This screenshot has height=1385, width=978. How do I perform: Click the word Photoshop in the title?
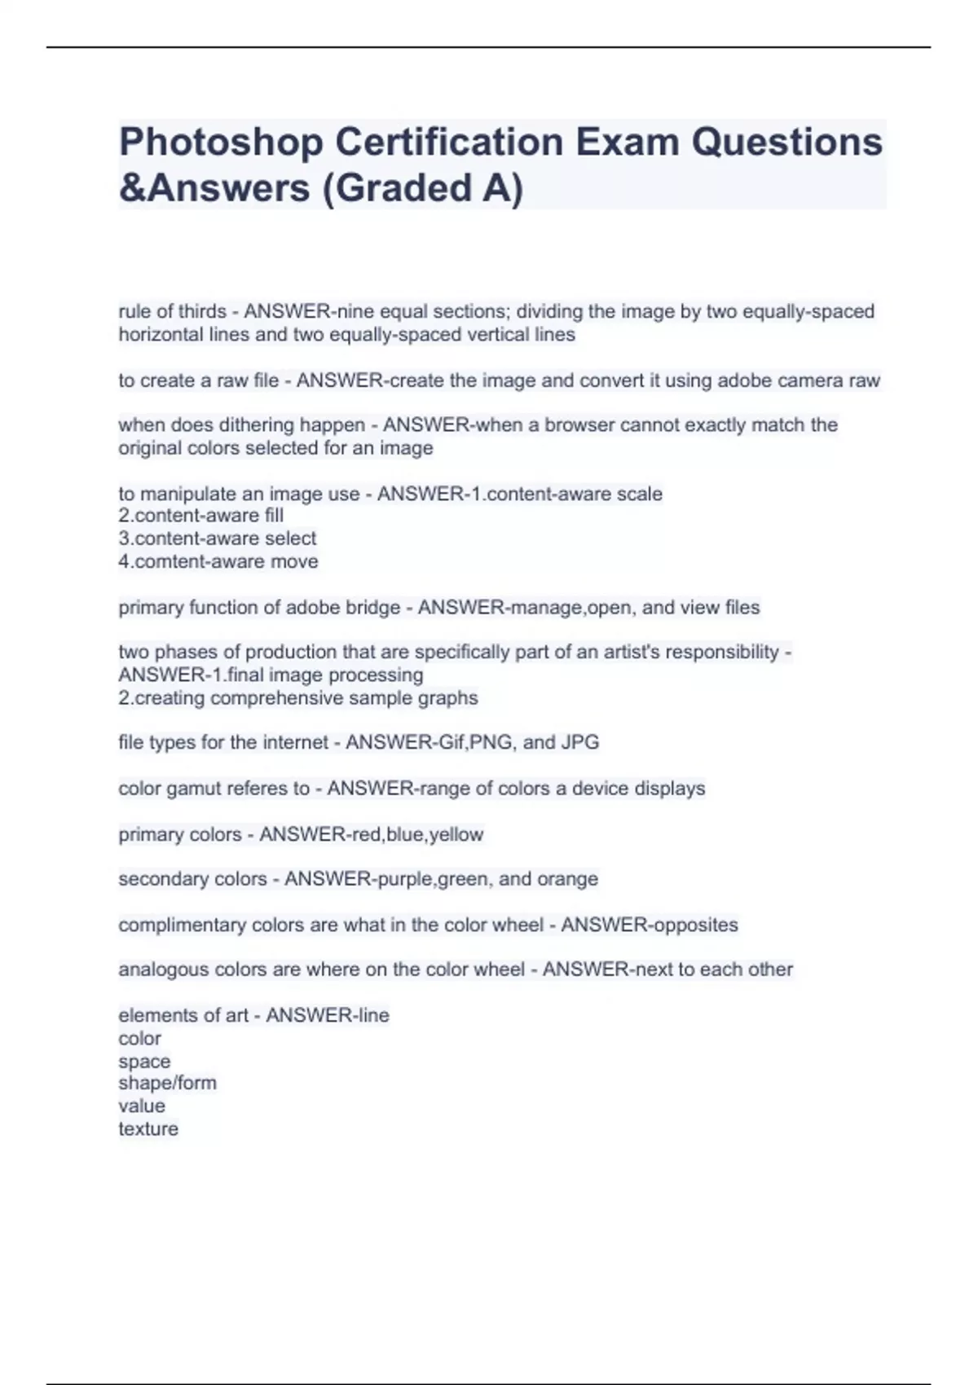(x=221, y=142)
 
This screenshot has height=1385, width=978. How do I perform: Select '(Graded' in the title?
(x=381, y=188)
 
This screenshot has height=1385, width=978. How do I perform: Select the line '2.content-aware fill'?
(x=201, y=515)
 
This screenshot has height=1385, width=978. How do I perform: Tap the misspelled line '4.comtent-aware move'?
(x=218, y=561)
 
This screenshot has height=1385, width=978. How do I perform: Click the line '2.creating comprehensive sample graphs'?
(x=298, y=698)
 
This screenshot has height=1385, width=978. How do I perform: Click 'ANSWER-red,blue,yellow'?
(x=371, y=834)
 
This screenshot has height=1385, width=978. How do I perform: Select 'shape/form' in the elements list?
(x=168, y=1083)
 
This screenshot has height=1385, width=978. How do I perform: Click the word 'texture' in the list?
(x=148, y=1129)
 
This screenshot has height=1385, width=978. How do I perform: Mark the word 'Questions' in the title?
(x=787, y=142)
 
